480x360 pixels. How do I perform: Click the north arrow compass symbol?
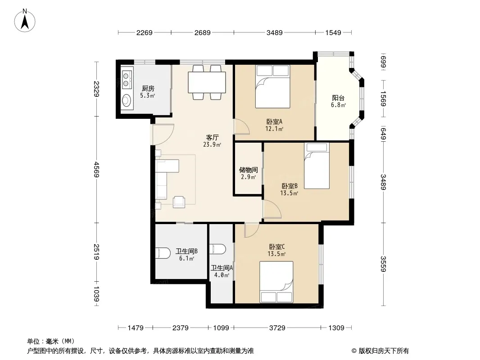[x=25, y=21]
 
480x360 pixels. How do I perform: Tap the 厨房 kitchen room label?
[x=148, y=89]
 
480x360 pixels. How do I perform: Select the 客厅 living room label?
[x=212, y=138]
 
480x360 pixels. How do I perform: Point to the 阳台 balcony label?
[x=338, y=98]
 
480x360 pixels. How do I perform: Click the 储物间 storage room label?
[x=248, y=170]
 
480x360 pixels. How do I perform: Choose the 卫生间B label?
[x=186, y=252]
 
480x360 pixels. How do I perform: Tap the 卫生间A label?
[x=222, y=268]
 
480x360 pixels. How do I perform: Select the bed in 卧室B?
[x=317, y=166]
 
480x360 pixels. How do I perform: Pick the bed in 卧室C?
[x=276, y=282]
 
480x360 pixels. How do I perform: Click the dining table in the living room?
[x=207, y=82]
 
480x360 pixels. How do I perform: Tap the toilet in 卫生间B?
[x=163, y=253]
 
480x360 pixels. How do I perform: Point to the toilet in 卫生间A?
[x=217, y=249]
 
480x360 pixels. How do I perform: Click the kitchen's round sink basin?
[x=127, y=100]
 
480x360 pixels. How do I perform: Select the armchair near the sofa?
[x=179, y=202]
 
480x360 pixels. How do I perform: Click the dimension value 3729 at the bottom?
[x=277, y=328]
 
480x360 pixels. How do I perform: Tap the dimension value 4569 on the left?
[x=96, y=170]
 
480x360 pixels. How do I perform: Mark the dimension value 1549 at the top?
[x=333, y=32]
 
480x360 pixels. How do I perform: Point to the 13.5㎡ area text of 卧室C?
[x=276, y=254]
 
